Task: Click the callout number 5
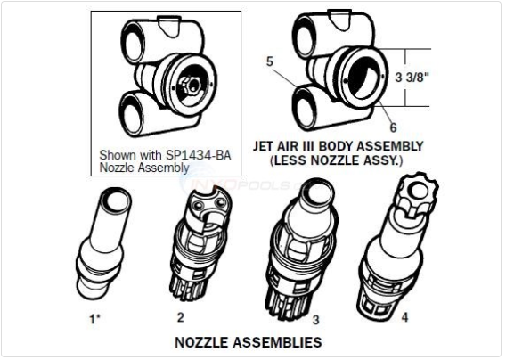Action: pos(270,61)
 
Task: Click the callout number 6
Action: pos(393,127)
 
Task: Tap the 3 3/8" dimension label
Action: pos(412,78)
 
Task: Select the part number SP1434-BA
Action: pos(198,155)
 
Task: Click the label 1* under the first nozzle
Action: pos(94,319)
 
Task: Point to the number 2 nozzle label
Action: pos(180,317)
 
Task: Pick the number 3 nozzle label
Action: pos(316,320)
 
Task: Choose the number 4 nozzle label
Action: pos(404,317)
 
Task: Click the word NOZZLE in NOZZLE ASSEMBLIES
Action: pos(202,342)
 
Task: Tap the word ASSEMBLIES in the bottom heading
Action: pos(277,342)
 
